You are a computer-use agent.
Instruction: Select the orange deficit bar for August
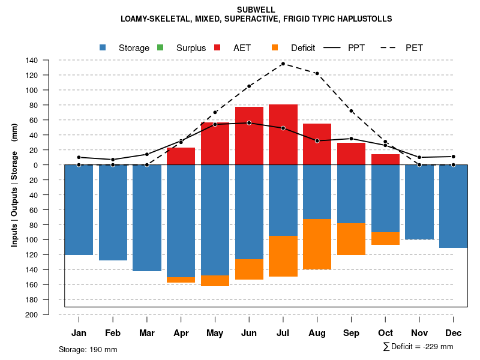(x=317, y=244)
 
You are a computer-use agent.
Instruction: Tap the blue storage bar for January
(x=79, y=209)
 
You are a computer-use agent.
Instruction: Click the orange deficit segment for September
(x=352, y=239)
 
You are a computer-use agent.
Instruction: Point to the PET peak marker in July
(x=283, y=64)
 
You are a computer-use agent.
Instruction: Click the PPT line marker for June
(x=249, y=123)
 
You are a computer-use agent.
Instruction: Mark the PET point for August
(x=317, y=73)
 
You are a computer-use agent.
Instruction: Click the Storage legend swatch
(x=103, y=47)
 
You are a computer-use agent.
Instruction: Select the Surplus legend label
(x=191, y=48)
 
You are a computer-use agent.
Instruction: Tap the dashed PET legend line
(x=391, y=47)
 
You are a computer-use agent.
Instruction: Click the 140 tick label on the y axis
(x=32, y=60)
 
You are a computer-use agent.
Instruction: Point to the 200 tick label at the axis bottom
(x=32, y=314)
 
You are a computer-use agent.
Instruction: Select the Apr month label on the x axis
(x=181, y=333)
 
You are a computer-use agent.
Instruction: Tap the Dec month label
(x=454, y=333)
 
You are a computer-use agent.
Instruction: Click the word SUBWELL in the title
(x=256, y=10)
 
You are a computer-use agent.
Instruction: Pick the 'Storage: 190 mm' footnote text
(x=88, y=349)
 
